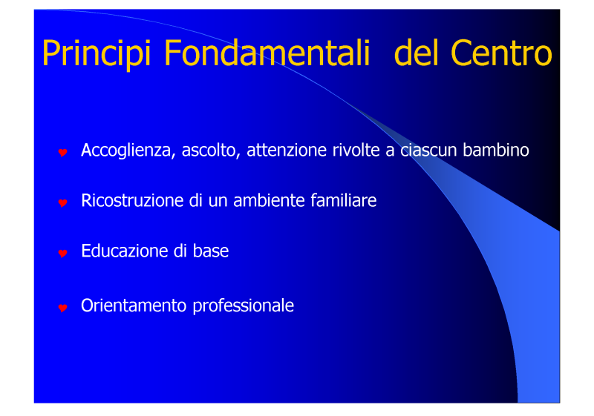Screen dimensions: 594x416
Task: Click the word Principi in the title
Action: point(97,53)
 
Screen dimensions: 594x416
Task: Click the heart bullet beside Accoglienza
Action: point(63,152)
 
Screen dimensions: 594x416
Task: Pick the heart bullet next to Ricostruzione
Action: point(63,202)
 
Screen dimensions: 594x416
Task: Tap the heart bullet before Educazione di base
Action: point(63,253)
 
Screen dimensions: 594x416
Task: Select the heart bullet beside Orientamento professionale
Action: point(63,308)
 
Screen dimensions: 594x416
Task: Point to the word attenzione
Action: point(287,150)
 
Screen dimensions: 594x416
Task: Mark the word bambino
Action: point(496,150)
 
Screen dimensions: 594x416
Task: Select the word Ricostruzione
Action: point(132,200)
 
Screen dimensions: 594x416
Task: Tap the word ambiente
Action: point(269,200)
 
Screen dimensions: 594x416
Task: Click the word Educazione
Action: point(124,251)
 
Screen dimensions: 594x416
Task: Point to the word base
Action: point(211,251)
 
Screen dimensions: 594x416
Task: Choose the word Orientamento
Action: point(134,306)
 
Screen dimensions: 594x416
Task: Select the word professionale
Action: point(244,306)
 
